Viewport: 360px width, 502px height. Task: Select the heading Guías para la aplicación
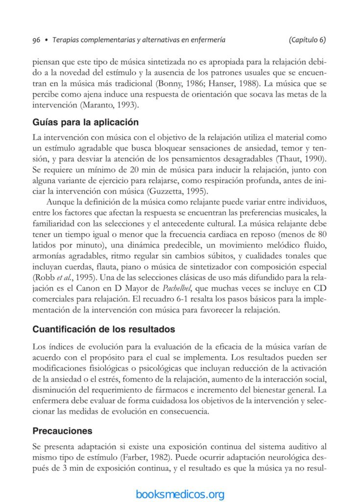85,122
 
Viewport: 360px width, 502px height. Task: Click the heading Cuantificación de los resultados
103,329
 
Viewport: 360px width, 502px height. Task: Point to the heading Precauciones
62,431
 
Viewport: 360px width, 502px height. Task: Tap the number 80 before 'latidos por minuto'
322,233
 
